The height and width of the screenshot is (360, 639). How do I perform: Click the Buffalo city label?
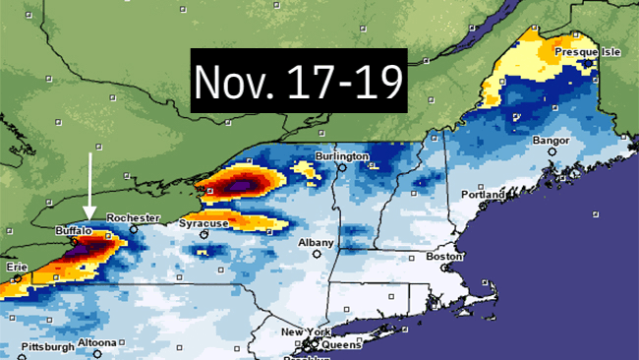pyautogui.click(x=74, y=229)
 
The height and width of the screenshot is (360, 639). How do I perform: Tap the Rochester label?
pyautogui.click(x=127, y=216)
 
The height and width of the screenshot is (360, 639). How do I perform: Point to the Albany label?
pyautogui.click(x=317, y=242)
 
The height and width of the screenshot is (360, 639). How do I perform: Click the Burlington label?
pyautogui.click(x=341, y=156)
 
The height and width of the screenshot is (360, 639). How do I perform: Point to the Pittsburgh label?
pyautogui.click(x=46, y=346)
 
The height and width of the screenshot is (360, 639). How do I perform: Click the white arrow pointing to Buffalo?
pyautogui.click(x=90, y=187)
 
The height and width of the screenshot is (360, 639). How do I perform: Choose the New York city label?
pyautogui.click(x=302, y=332)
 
